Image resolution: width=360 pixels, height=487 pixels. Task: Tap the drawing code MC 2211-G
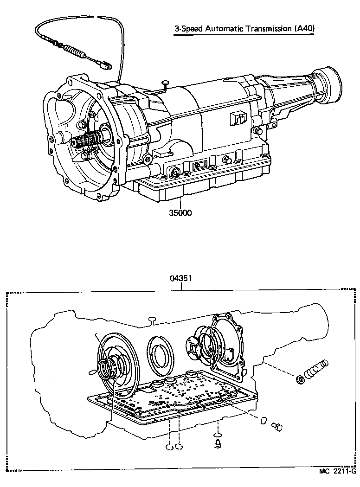click(x=337, y=472)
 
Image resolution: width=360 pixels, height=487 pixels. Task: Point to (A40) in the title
click(x=304, y=29)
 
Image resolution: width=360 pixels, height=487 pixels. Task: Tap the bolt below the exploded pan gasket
click(x=217, y=444)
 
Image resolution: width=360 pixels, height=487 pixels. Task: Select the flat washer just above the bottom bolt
click(x=217, y=435)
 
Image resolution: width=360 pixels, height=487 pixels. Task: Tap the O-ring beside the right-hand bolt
click(x=263, y=421)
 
